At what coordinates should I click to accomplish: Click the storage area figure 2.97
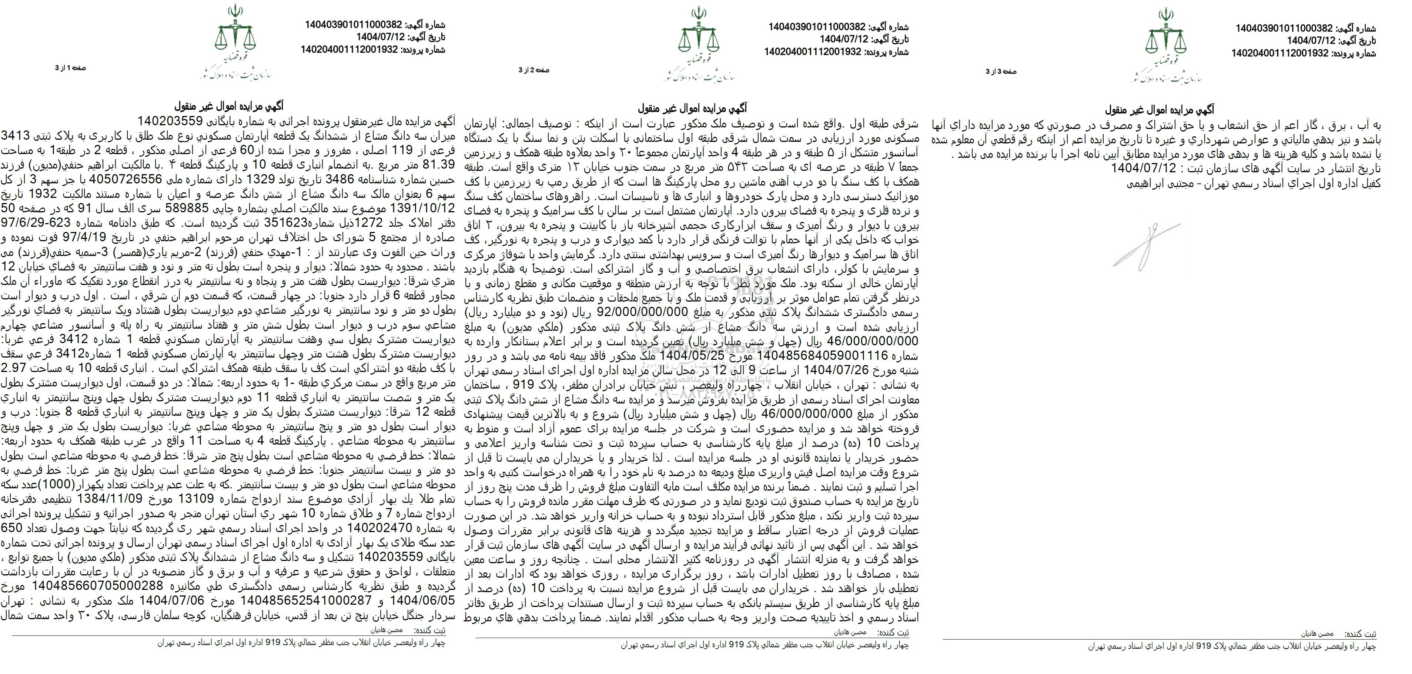[x=16, y=366]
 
